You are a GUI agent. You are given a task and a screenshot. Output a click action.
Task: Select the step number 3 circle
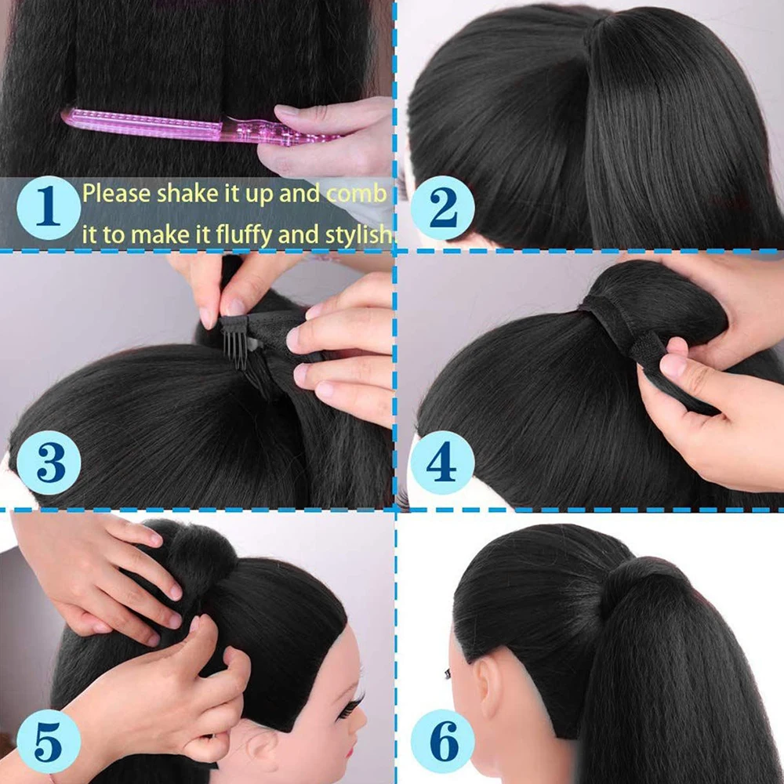pos(49,463)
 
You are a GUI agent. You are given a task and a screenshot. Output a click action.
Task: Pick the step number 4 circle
pos(442,463)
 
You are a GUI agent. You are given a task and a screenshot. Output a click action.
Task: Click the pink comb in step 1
pos(196,126)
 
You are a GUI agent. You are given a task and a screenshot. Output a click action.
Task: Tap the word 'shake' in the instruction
pos(189,194)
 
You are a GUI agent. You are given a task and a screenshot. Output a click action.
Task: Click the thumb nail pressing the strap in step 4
pos(672,365)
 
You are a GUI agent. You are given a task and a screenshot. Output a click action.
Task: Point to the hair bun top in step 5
pos(200,549)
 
